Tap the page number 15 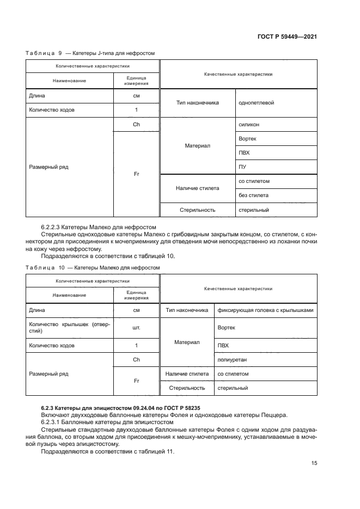click(314, 463)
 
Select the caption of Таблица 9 click(90, 53)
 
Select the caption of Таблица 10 click(93, 267)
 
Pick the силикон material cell click(249, 125)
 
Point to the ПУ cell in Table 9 click(242, 167)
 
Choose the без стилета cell click(253, 195)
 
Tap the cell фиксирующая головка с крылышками click(265, 310)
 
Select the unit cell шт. click(136, 328)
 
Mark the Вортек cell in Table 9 click(247, 139)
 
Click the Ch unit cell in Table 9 click(136, 125)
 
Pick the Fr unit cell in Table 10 click(136, 381)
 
